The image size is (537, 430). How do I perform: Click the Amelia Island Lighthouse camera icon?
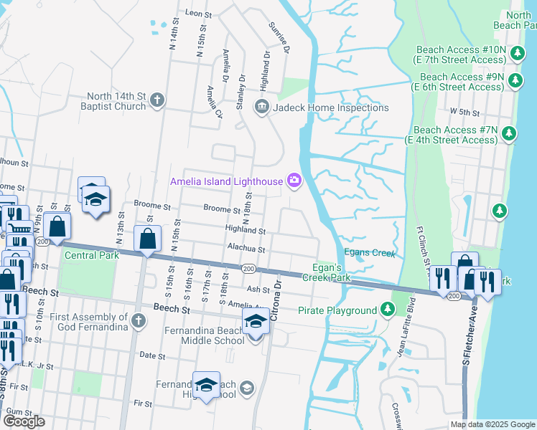click(294, 181)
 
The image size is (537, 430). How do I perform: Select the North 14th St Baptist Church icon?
click(157, 102)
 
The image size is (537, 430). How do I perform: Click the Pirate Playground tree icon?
click(388, 310)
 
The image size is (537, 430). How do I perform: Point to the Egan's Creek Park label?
click(326, 272)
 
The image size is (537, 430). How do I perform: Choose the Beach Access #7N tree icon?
click(509, 133)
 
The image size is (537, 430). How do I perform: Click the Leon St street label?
click(200, 13)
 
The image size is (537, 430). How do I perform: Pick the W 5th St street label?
click(464, 113)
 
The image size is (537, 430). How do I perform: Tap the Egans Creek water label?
click(370, 252)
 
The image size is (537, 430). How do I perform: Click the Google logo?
click(24, 421)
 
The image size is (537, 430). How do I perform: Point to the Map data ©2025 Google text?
click(492, 424)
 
